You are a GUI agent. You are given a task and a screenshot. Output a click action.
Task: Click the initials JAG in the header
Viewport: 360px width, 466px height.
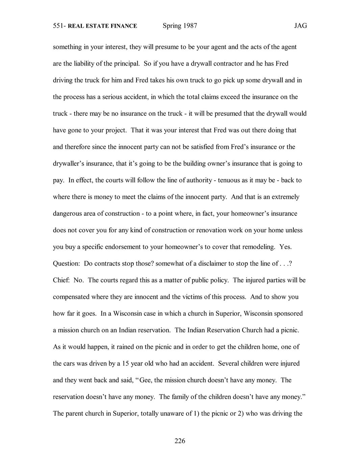tap(300, 26)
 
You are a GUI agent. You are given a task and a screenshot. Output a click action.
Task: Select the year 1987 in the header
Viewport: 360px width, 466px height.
tap(190, 26)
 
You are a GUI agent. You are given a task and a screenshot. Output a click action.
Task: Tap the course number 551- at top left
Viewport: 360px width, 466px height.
tap(60, 26)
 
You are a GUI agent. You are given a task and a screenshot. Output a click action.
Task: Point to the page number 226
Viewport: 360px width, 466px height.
tap(180, 441)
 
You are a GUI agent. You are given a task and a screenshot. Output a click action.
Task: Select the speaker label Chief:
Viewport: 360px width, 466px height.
tap(61, 280)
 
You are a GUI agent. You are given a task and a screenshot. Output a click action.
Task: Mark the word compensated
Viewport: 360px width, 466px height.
tap(70, 297)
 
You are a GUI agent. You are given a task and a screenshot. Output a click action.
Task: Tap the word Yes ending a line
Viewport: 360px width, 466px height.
tap(285, 247)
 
